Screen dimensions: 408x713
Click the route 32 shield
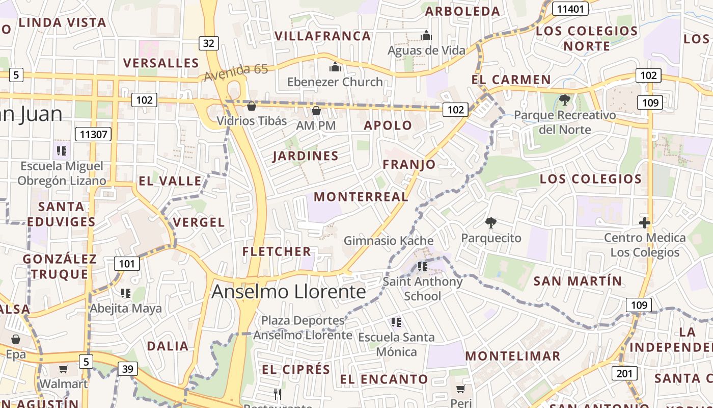click(x=208, y=43)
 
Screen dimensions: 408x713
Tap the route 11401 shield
click(x=570, y=9)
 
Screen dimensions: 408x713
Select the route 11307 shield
click(x=93, y=135)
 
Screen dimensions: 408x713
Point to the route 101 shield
click(x=127, y=264)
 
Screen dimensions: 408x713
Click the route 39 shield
click(x=127, y=369)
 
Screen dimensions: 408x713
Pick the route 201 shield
click(x=624, y=373)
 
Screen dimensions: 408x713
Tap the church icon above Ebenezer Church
click(x=335, y=66)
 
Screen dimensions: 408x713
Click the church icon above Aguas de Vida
click(x=426, y=35)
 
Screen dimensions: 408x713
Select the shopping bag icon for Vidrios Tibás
click(x=251, y=106)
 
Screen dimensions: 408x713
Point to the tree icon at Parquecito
click(x=491, y=222)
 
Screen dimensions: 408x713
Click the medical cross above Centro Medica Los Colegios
click(x=645, y=222)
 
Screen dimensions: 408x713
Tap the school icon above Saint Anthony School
click(x=422, y=266)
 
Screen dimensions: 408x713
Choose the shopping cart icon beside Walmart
click(x=64, y=369)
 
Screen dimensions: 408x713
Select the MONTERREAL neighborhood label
click(x=361, y=197)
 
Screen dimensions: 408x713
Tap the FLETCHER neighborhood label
click(x=277, y=251)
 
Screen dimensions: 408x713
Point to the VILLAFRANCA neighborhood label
click(x=323, y=36)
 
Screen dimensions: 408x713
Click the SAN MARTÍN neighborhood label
click(x=578, y=281)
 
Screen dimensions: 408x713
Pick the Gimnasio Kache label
click(x=389, y=241)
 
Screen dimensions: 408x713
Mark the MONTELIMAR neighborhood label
click(x=512, y=356)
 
